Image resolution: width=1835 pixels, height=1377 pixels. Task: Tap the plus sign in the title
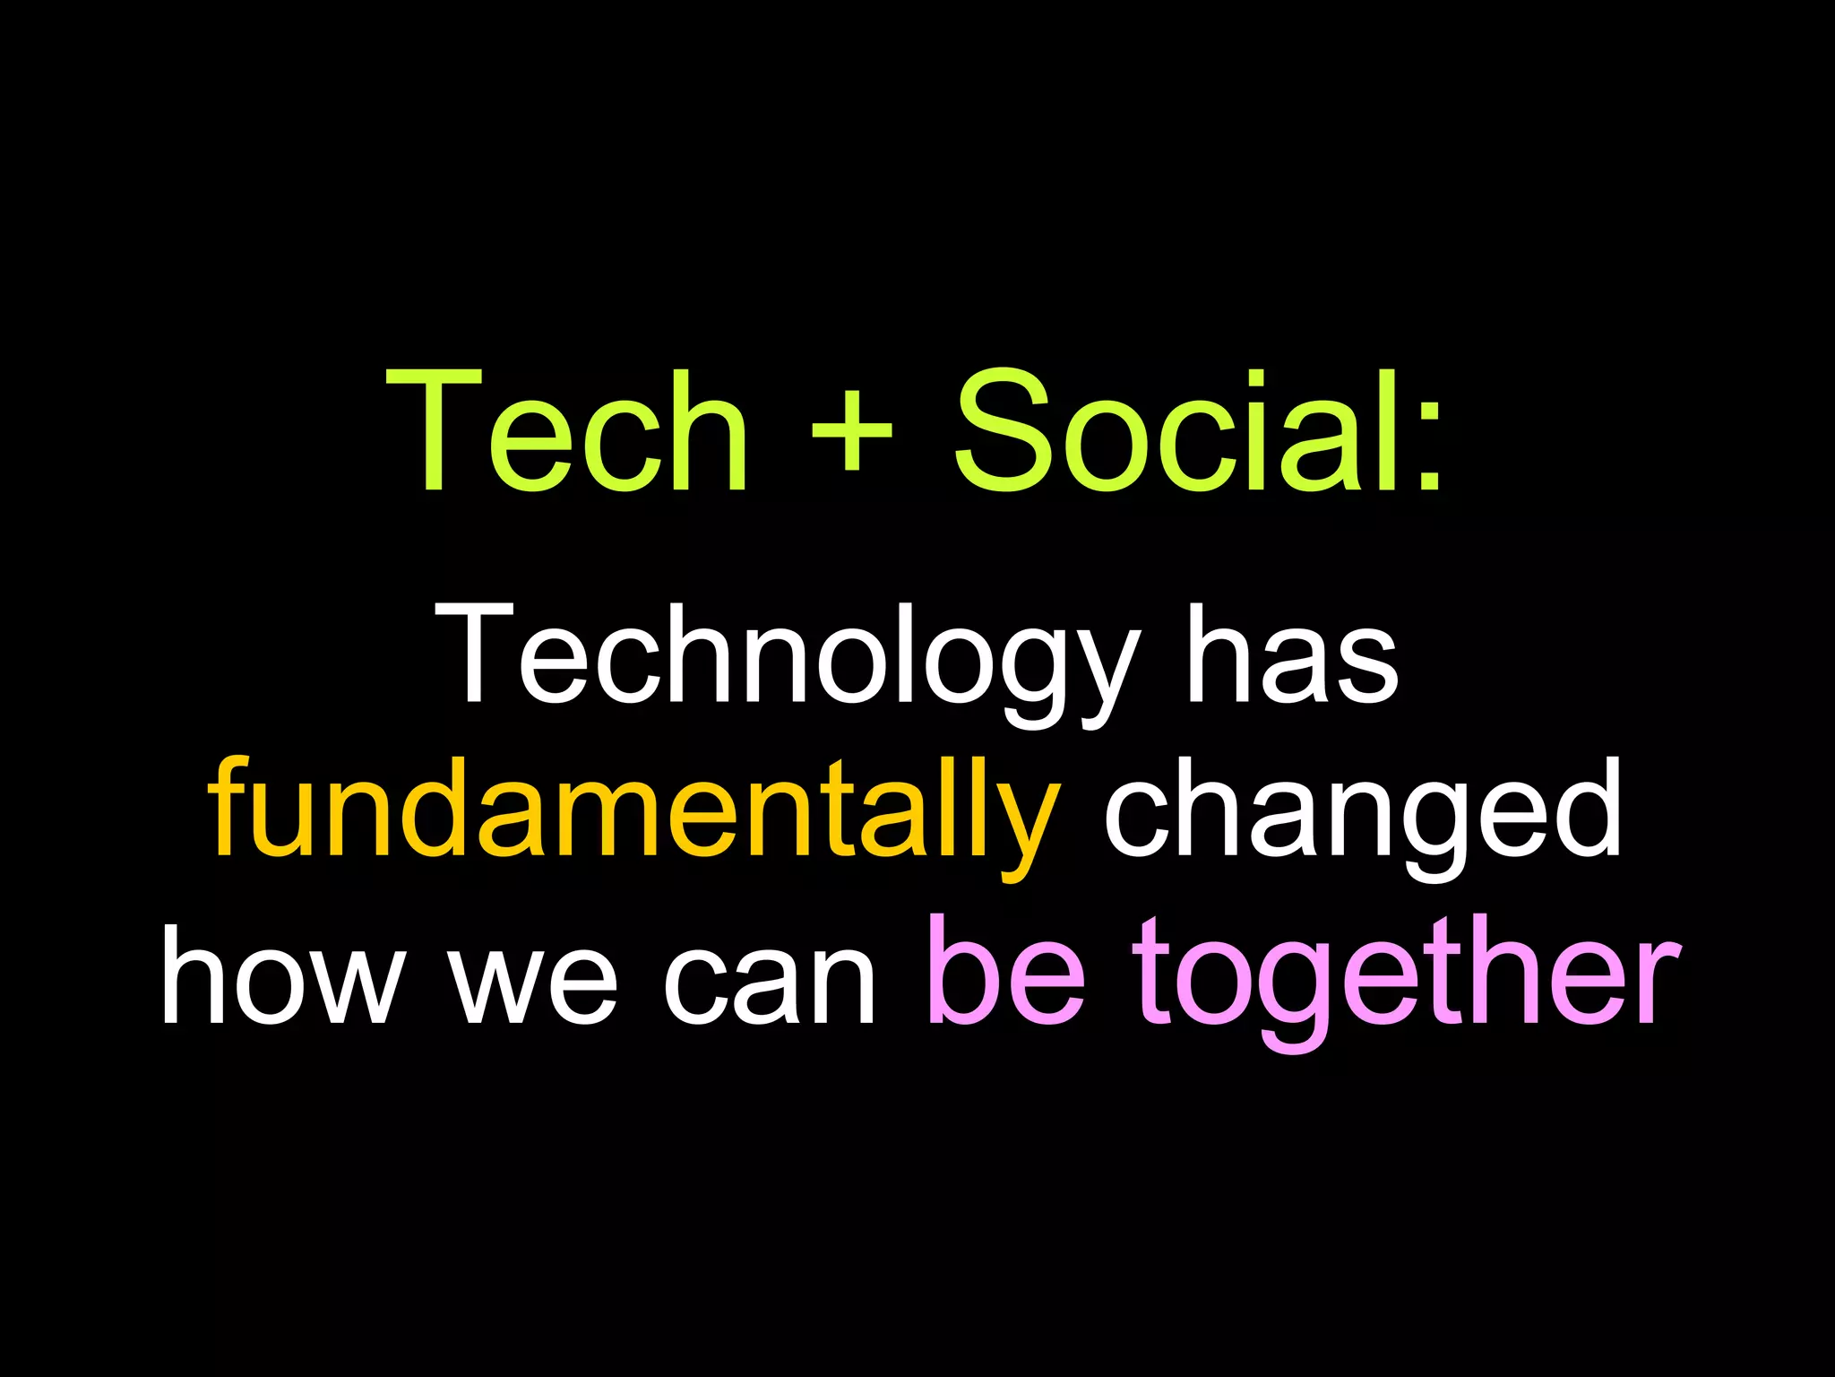coord(850,431)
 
